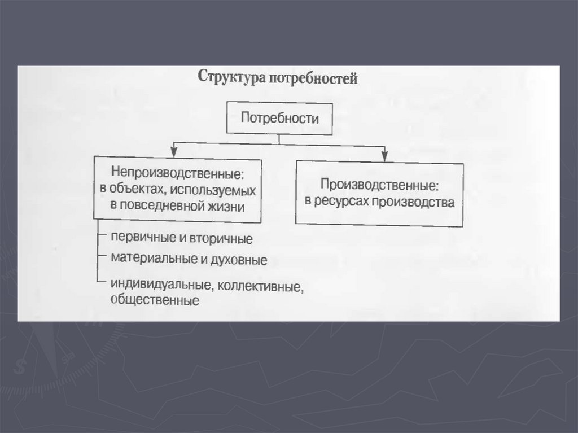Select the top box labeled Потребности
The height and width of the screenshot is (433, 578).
280,119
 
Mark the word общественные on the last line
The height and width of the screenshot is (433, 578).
155,300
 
